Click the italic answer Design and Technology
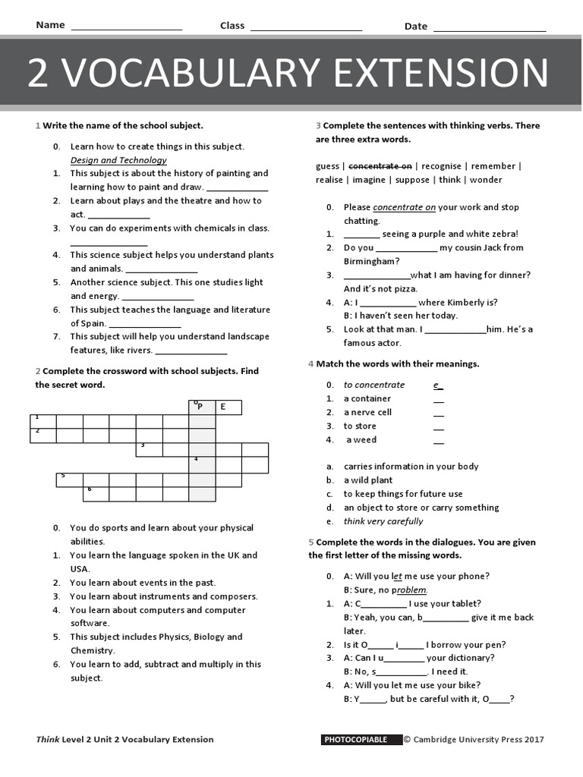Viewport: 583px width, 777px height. [118, 160]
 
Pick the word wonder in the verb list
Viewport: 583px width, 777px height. [486, 180]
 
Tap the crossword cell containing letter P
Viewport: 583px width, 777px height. [201, 407]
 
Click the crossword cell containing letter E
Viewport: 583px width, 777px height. [228, 407]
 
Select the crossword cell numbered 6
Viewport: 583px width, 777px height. [95, 493]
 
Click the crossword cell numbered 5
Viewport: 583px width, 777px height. [68, 480]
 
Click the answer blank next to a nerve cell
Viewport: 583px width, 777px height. [438, 413]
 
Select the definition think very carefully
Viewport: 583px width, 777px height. [383, 521]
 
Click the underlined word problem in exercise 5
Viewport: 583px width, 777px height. [411, 590]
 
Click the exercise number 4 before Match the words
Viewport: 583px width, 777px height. [311, 363]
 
